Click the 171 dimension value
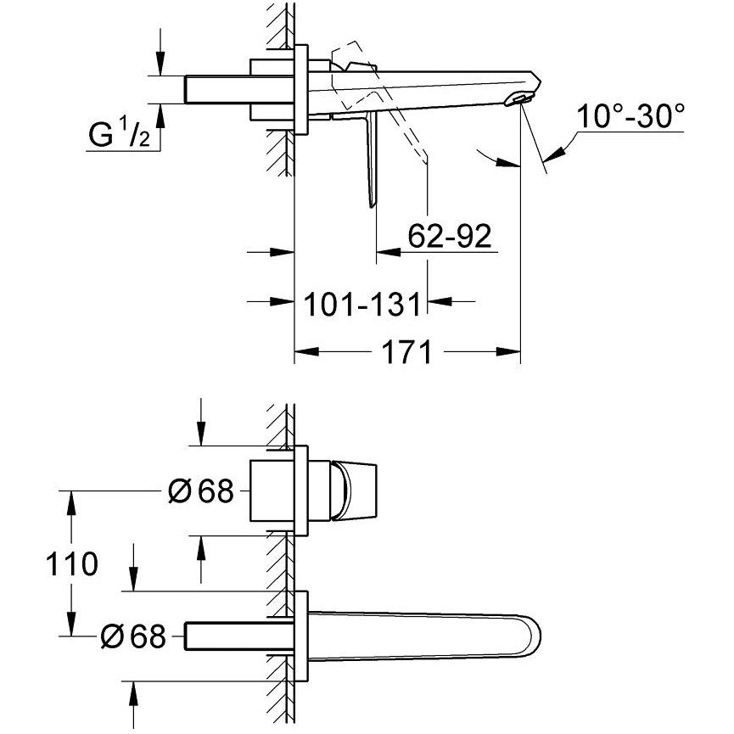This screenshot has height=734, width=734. coord(406,352)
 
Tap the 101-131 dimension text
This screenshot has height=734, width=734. coord(363,304)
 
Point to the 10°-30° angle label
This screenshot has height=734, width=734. coord(630,115)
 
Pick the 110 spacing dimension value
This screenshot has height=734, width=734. coord(71,563)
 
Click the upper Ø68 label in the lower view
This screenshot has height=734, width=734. coord(201,491)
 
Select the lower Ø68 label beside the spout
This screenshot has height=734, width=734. coord(134,636)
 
